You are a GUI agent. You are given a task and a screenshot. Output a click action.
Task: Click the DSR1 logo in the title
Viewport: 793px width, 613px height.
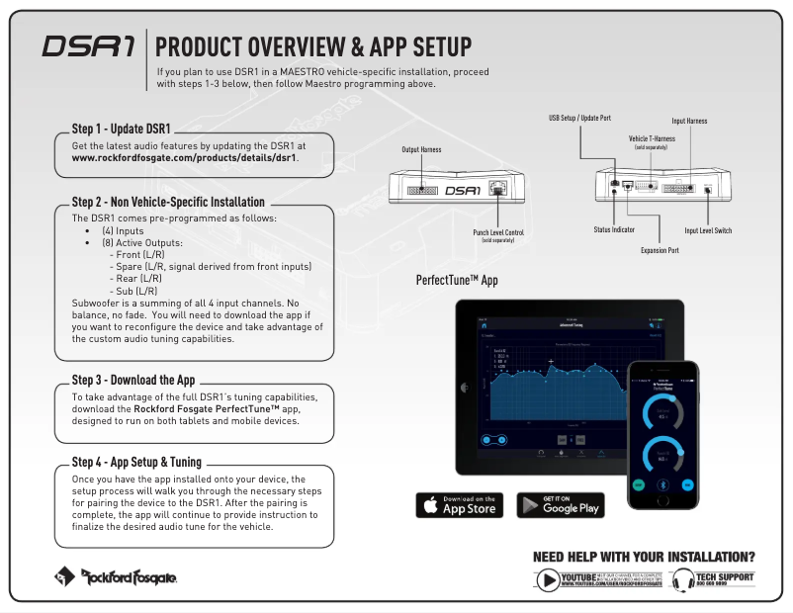[89, 47]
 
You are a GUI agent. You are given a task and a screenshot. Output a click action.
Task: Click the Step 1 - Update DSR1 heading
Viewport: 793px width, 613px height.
[121, 129]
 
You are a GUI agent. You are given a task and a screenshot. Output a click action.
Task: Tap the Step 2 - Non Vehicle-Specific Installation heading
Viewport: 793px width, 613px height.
[168, 201]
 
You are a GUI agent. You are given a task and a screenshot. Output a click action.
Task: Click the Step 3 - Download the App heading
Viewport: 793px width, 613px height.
[132, 379]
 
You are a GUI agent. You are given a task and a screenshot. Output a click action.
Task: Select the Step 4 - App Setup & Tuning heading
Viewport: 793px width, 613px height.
[136, 462]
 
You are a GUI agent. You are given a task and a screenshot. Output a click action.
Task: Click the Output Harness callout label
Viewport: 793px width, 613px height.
[421, 149]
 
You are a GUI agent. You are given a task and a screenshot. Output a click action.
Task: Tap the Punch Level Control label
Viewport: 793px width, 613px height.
[498, 233]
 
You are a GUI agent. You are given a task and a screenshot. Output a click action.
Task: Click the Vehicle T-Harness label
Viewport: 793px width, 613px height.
[652, 139]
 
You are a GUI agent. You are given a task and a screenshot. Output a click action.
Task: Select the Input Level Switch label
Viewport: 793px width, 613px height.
[708, 230]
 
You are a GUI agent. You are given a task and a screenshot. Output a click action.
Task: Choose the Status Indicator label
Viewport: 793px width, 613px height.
[614, 229]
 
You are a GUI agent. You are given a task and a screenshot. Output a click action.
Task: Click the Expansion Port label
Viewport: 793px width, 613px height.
[660, 251]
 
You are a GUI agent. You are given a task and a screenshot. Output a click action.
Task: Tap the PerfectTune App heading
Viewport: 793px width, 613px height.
[457, 281]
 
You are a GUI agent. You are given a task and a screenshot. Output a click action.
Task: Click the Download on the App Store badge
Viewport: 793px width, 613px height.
[459, 504]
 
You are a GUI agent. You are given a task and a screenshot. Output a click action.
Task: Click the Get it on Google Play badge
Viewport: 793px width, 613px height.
[561, 504]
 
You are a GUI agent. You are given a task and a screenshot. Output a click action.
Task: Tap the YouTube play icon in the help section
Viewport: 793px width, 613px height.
[549, 580]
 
